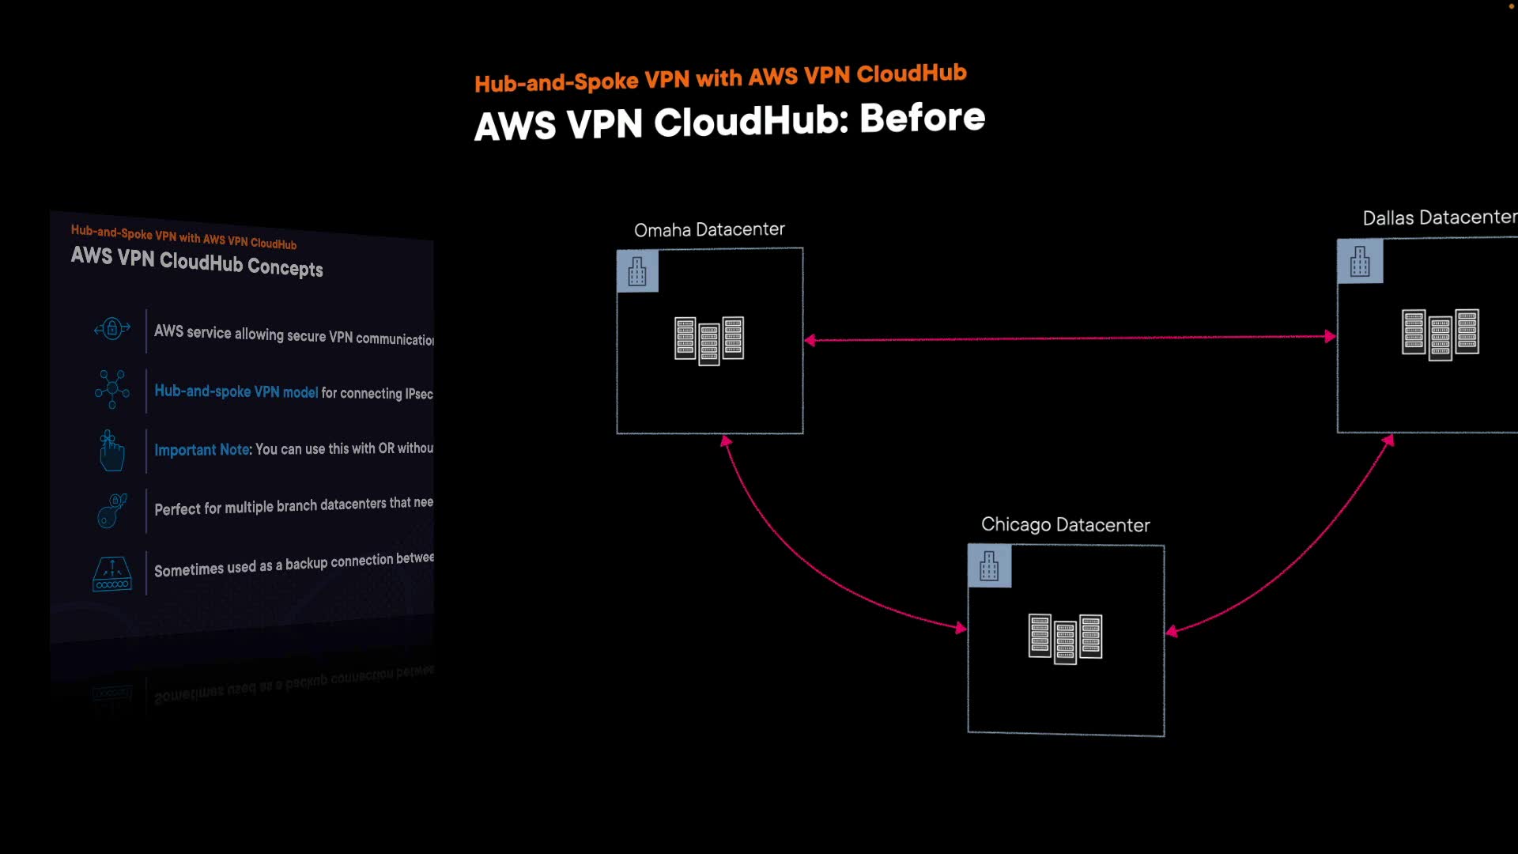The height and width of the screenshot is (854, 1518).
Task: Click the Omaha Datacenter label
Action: (x=709, y=229)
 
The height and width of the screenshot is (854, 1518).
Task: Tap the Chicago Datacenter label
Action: (x=1065, y=525)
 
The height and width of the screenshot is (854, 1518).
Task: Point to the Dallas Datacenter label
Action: (x=1439, y=217)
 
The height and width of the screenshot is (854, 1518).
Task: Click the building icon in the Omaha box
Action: (x=637, y=271)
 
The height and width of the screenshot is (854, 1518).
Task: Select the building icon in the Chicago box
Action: (x=989, y=566)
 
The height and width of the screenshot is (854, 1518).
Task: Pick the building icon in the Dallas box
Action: (x=1360, y=262)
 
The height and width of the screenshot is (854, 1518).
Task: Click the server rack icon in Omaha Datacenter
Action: (x=709, y=340)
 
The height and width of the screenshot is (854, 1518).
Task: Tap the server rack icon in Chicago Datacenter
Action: (x=1065, y=638)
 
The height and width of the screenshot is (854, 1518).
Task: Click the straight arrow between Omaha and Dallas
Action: (x=1067, y=338)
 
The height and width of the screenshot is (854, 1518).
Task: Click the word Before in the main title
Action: (x=922, y=118)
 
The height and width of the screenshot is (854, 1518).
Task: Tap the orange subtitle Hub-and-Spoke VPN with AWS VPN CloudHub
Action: (x=720, y=78)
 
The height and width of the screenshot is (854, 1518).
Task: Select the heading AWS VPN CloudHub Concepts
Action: (x=197, y=262)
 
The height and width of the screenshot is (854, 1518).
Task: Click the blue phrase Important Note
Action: (x=202, y=450)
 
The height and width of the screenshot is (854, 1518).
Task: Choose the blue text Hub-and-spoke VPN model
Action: (x=236, y=391)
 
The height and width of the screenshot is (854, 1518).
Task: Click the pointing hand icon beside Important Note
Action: (x=111, y=451)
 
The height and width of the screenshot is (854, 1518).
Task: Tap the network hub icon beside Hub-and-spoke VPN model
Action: (x=112, y=389)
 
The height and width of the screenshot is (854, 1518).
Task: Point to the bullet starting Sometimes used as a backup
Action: (x=293, y=565)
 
